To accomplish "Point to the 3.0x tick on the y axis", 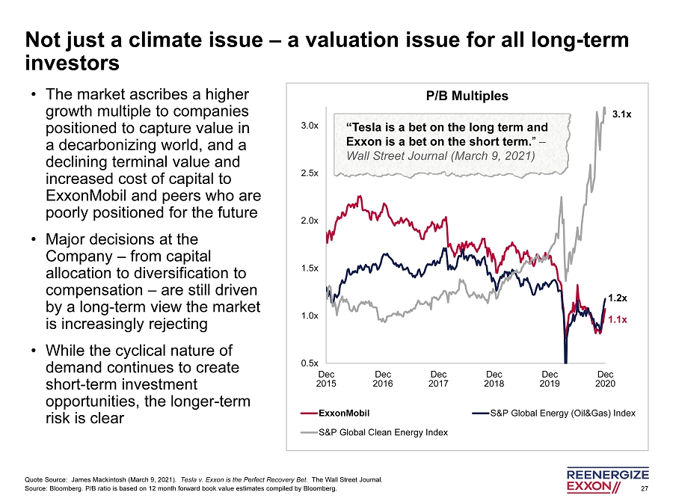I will (x=310, y=126).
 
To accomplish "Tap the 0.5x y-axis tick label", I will (x=310, y=363).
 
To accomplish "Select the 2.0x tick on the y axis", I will (x=310, y=221).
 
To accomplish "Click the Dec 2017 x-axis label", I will (x=438, y=379).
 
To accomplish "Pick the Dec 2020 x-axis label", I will (x=606, y=379).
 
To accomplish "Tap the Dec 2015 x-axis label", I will (x=327, y=379).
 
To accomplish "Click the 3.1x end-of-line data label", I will (x=621, y=114).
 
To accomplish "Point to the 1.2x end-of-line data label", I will (x=617, y=298).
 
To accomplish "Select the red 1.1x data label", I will (x=617, y=319).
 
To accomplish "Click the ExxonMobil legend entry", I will (x=343, y=413).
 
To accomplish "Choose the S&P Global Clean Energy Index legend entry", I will (x=383, y=431).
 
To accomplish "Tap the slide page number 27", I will (x=645, y=489).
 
